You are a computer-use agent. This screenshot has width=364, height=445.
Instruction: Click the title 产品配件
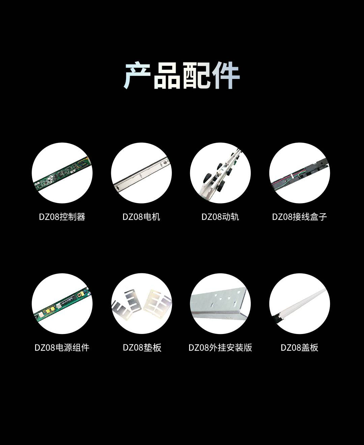point(181,75)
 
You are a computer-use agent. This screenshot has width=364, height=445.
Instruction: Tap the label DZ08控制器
point(62,217)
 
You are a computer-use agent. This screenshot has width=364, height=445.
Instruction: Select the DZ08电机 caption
point(141,217)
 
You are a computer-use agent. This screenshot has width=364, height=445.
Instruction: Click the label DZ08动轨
point(220,217)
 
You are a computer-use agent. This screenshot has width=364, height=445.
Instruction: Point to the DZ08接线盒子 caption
point(299,217)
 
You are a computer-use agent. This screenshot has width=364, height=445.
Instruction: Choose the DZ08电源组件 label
point(62,347)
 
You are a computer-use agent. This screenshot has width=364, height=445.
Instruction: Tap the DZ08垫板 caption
point(142,347)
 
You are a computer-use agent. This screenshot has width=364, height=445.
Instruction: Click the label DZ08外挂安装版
point(220,347)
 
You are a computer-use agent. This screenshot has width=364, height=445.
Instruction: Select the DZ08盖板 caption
point(299,347)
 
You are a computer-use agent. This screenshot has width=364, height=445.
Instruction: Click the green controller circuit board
point(62,174)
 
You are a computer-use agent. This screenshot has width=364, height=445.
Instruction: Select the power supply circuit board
point(62,304)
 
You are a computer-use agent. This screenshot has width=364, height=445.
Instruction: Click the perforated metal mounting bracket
point(220,304)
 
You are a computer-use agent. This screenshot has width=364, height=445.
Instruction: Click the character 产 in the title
point(137,75)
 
